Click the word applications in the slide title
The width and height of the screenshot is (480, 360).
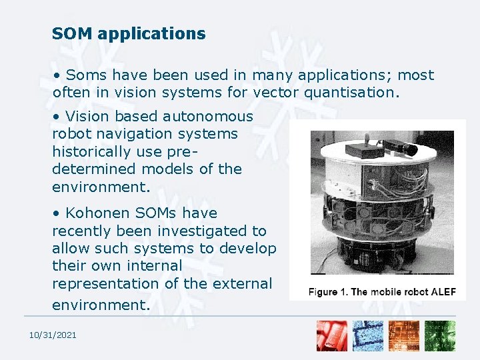click(x=151, y=34)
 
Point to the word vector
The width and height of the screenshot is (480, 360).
click(x=275, y=93)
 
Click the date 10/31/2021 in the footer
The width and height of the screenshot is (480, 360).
click(x=52, y=335)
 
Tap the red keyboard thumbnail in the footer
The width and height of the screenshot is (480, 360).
click(x=332, y=336)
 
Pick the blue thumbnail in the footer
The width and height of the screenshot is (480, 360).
click(x=368, y=336)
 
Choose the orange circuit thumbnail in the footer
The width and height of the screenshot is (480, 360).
click(x=404, y=336)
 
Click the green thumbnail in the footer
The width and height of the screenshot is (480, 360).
click(x=441, y=336)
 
